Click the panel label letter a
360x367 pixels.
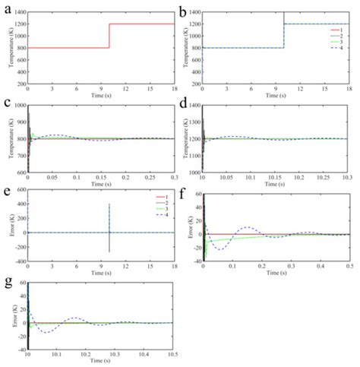coord(5,7)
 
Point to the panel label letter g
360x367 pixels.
coord(5,283)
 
